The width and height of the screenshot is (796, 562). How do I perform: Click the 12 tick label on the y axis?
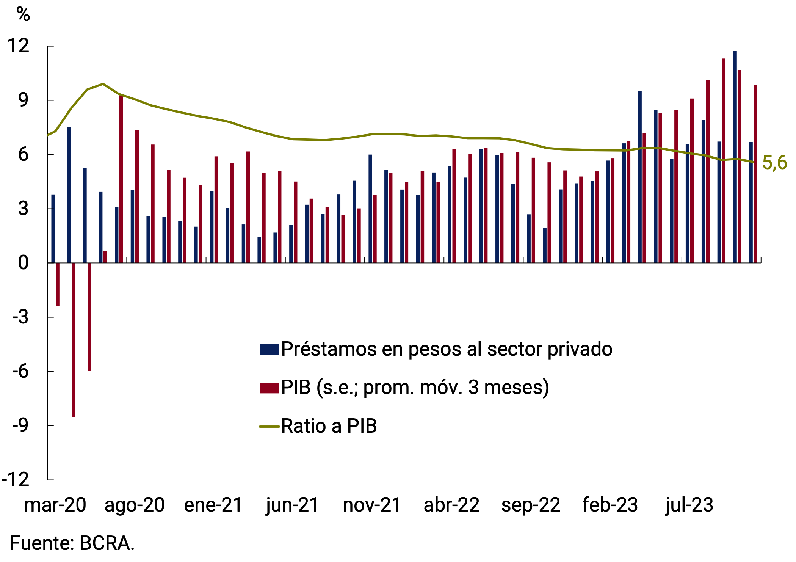coord(18,46)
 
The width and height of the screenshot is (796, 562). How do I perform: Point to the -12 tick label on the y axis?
coord(16,480)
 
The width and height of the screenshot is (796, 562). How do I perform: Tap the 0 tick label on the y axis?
coord(23,263)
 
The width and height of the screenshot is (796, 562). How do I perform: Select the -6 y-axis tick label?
coord(20,371)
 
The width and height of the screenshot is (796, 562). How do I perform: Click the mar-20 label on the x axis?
coord(55,505)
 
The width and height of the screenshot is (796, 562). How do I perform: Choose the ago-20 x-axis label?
coord(135,505)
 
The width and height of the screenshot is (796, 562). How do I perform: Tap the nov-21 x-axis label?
coord(372,505)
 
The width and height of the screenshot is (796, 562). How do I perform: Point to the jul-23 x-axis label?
coord(689,505)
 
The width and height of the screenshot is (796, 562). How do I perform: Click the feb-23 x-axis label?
coord(610,505)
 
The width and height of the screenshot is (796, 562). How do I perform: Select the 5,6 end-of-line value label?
coord(774,163)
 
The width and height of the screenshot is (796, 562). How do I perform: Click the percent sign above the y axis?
coord(23,14)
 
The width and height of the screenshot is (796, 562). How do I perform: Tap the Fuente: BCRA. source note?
coord(72,543)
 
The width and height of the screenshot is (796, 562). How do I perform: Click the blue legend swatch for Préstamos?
coord(269,349)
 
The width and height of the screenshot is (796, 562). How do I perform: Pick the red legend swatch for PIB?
coord(269,388)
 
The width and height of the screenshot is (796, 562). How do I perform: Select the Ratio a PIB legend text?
coord(329,426)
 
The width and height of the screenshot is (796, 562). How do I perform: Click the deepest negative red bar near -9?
coord(74,341)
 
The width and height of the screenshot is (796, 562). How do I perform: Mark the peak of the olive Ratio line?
coord(103,84)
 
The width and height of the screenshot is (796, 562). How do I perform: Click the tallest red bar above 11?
coord(724,159)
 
